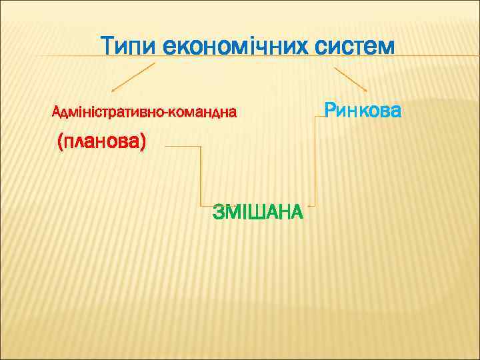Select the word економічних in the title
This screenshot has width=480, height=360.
(234, 47)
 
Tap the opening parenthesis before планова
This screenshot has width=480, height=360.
(61, 142)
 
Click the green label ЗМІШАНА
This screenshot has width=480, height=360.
(257, 213)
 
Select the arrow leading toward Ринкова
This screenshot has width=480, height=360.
(350, 79)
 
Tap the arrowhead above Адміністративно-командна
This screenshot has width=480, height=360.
(113, 91)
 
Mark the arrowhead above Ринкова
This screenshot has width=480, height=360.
(365, 90)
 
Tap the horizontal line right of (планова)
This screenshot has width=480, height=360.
(182, 146)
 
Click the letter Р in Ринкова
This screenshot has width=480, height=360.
(330, 109)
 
